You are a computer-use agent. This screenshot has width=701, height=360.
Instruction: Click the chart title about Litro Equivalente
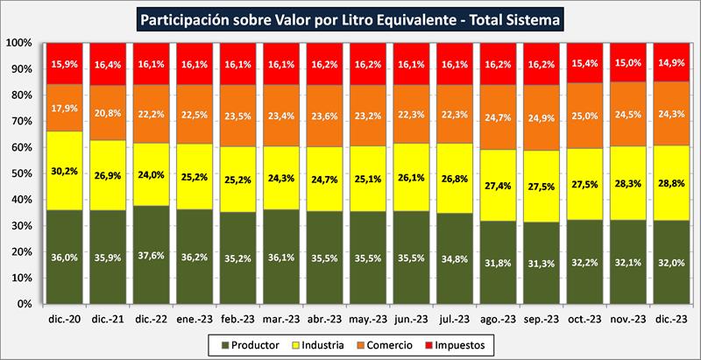(350, 18)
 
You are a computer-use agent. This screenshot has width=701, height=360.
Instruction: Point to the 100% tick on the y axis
(20, 43)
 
